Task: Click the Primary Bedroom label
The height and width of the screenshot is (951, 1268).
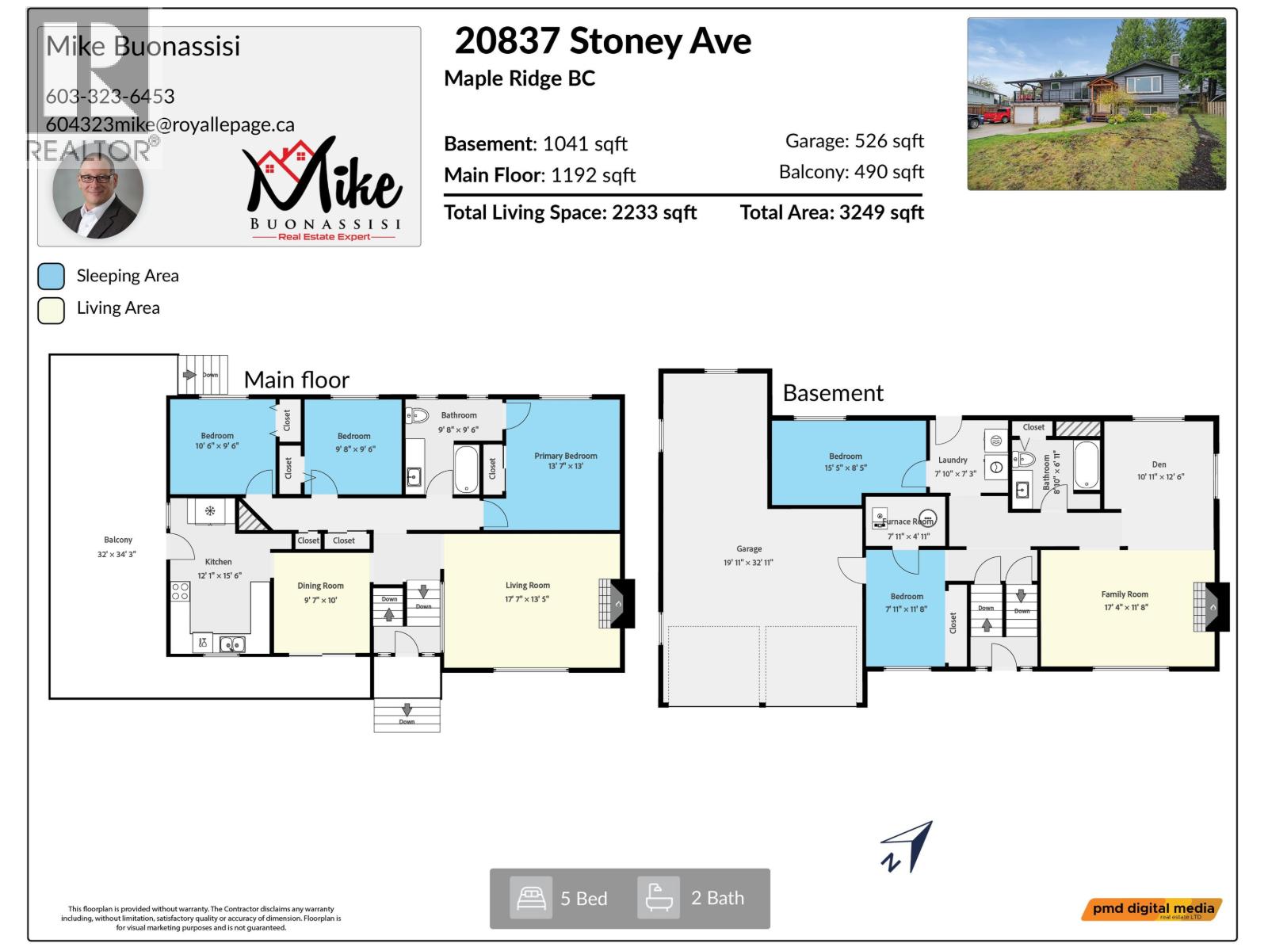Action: point(565,456)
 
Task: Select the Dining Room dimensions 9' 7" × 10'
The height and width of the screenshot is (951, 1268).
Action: point(321,600)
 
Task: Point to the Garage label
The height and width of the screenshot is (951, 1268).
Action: point(748,548)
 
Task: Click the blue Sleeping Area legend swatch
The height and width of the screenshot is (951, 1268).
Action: point(52,276)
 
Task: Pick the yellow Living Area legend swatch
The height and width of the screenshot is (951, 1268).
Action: point(52,310)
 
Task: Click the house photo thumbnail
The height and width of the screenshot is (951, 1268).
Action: point(1096,104)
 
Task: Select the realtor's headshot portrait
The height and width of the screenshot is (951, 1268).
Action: point(98,193)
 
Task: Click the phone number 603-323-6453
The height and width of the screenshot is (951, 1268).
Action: point(110,96)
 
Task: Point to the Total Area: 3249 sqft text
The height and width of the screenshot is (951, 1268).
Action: point(831,212)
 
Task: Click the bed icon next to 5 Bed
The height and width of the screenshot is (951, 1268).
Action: point(530,898)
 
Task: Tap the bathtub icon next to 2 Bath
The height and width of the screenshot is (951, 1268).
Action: point(659,898)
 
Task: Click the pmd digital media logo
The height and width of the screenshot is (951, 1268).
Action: point(1152,909)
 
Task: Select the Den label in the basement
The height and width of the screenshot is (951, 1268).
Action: point(1159,464)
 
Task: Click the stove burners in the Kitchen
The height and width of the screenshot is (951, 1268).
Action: point(180,591)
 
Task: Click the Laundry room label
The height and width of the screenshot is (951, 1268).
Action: point(953,460)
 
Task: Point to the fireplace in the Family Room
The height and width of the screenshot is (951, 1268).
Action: point(1212,607)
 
